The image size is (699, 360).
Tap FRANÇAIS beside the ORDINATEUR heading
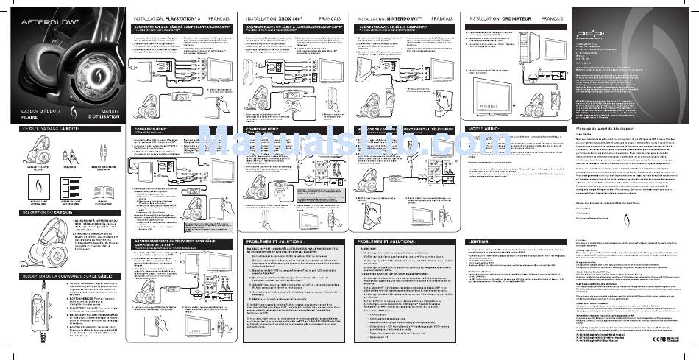tap(553, 17)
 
